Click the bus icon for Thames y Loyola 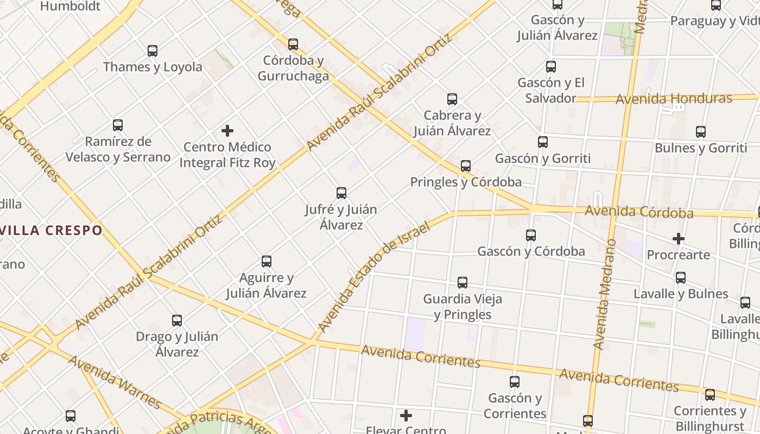[x=153, y=51]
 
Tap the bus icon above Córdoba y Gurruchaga [x=293, y=44]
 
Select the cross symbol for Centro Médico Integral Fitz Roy [x=227, y=131]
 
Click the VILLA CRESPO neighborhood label [x=51, y=230]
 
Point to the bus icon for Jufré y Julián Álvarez [x=341, y=193]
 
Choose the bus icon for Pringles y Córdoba [x=466, y=166]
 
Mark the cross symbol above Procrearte [x=679, y=239]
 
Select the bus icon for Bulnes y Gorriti [x=701, y=132]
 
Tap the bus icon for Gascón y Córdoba [x=531, y=235]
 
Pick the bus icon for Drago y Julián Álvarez [x=177, y=321]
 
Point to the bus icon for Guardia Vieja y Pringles [x=463, y=283]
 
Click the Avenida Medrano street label [x=605, y=294]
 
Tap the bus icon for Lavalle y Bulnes [x=681, y=278]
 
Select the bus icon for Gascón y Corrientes [x=515, y=382]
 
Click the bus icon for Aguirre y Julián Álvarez [x=267, y=261]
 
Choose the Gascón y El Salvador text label [x=551, y=91]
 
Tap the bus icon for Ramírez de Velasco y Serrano [x=118, y=125]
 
